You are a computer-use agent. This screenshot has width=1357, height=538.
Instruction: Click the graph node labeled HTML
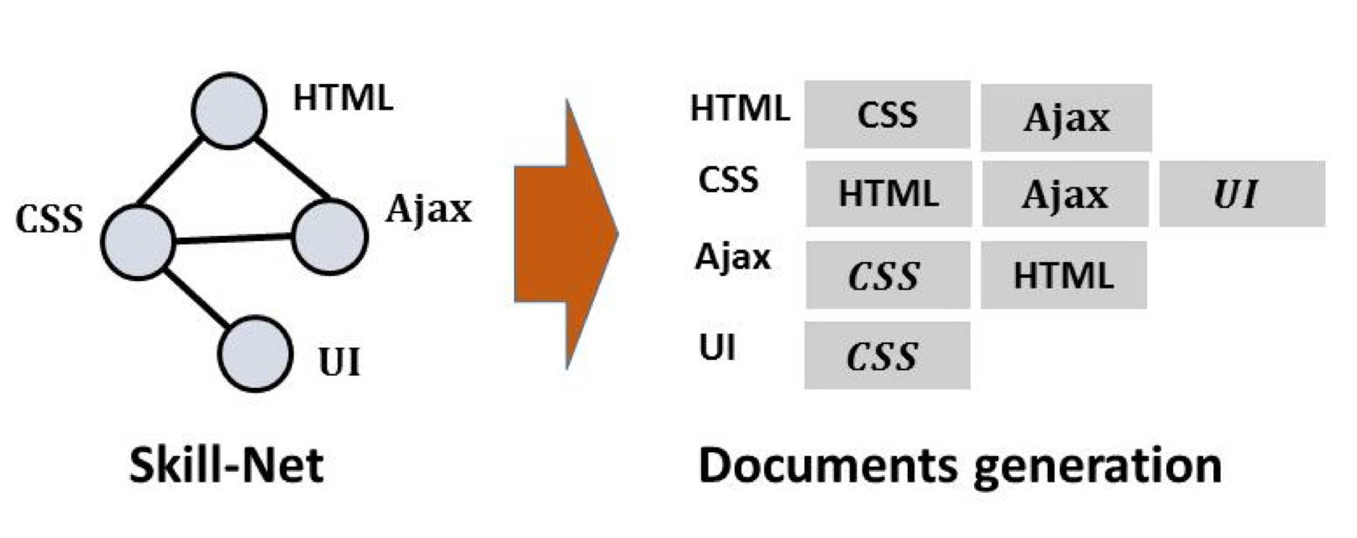coord(229,110)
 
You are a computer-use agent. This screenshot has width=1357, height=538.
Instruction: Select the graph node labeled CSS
coord(138,242)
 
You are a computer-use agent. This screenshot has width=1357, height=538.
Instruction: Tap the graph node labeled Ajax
coord(330,236)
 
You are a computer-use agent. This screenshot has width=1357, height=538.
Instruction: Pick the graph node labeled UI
coord(255,353)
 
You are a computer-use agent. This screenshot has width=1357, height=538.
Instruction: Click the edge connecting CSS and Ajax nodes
coord(233,239)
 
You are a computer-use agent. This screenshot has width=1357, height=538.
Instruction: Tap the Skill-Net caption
coord(227,465)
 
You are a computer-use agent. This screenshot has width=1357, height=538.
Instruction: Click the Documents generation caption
coord(960,465)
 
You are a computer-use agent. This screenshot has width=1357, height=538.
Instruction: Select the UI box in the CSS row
coord(1241,195)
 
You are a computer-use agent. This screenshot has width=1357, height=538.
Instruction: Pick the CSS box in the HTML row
coord(887,115)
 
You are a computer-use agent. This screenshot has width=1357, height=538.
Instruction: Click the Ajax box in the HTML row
coord(1066,118)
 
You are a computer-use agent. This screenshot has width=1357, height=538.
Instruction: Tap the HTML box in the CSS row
coord(888,195)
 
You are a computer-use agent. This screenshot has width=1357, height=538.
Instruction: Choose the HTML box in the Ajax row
coord(1063,275)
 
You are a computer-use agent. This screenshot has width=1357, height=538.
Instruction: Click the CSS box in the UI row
coord(887,356)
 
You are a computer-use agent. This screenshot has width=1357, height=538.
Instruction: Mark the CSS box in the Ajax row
coord(887,275)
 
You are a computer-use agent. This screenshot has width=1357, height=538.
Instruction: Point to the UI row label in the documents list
coord(717,347)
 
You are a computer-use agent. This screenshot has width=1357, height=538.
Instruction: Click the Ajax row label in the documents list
coord(732,256)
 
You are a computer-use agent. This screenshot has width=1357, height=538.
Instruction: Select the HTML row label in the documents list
coord(739,108)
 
